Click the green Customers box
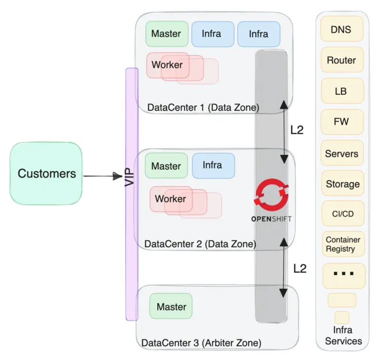coord(46,174)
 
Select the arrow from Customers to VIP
coord(102,176)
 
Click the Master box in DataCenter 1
coord(166,34)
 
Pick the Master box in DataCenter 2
coord(166,166)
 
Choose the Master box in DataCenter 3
coord(171,307)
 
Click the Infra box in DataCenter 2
coord(212,165)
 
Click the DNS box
coord(341,30)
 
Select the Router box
coord(341,61)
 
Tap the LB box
coord(341,91)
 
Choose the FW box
coord(341,122)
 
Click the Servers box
coord(341,154)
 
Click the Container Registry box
coord(342,244)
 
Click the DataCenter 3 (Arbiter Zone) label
coord(201,342)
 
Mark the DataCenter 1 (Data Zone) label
coord(203,108)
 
